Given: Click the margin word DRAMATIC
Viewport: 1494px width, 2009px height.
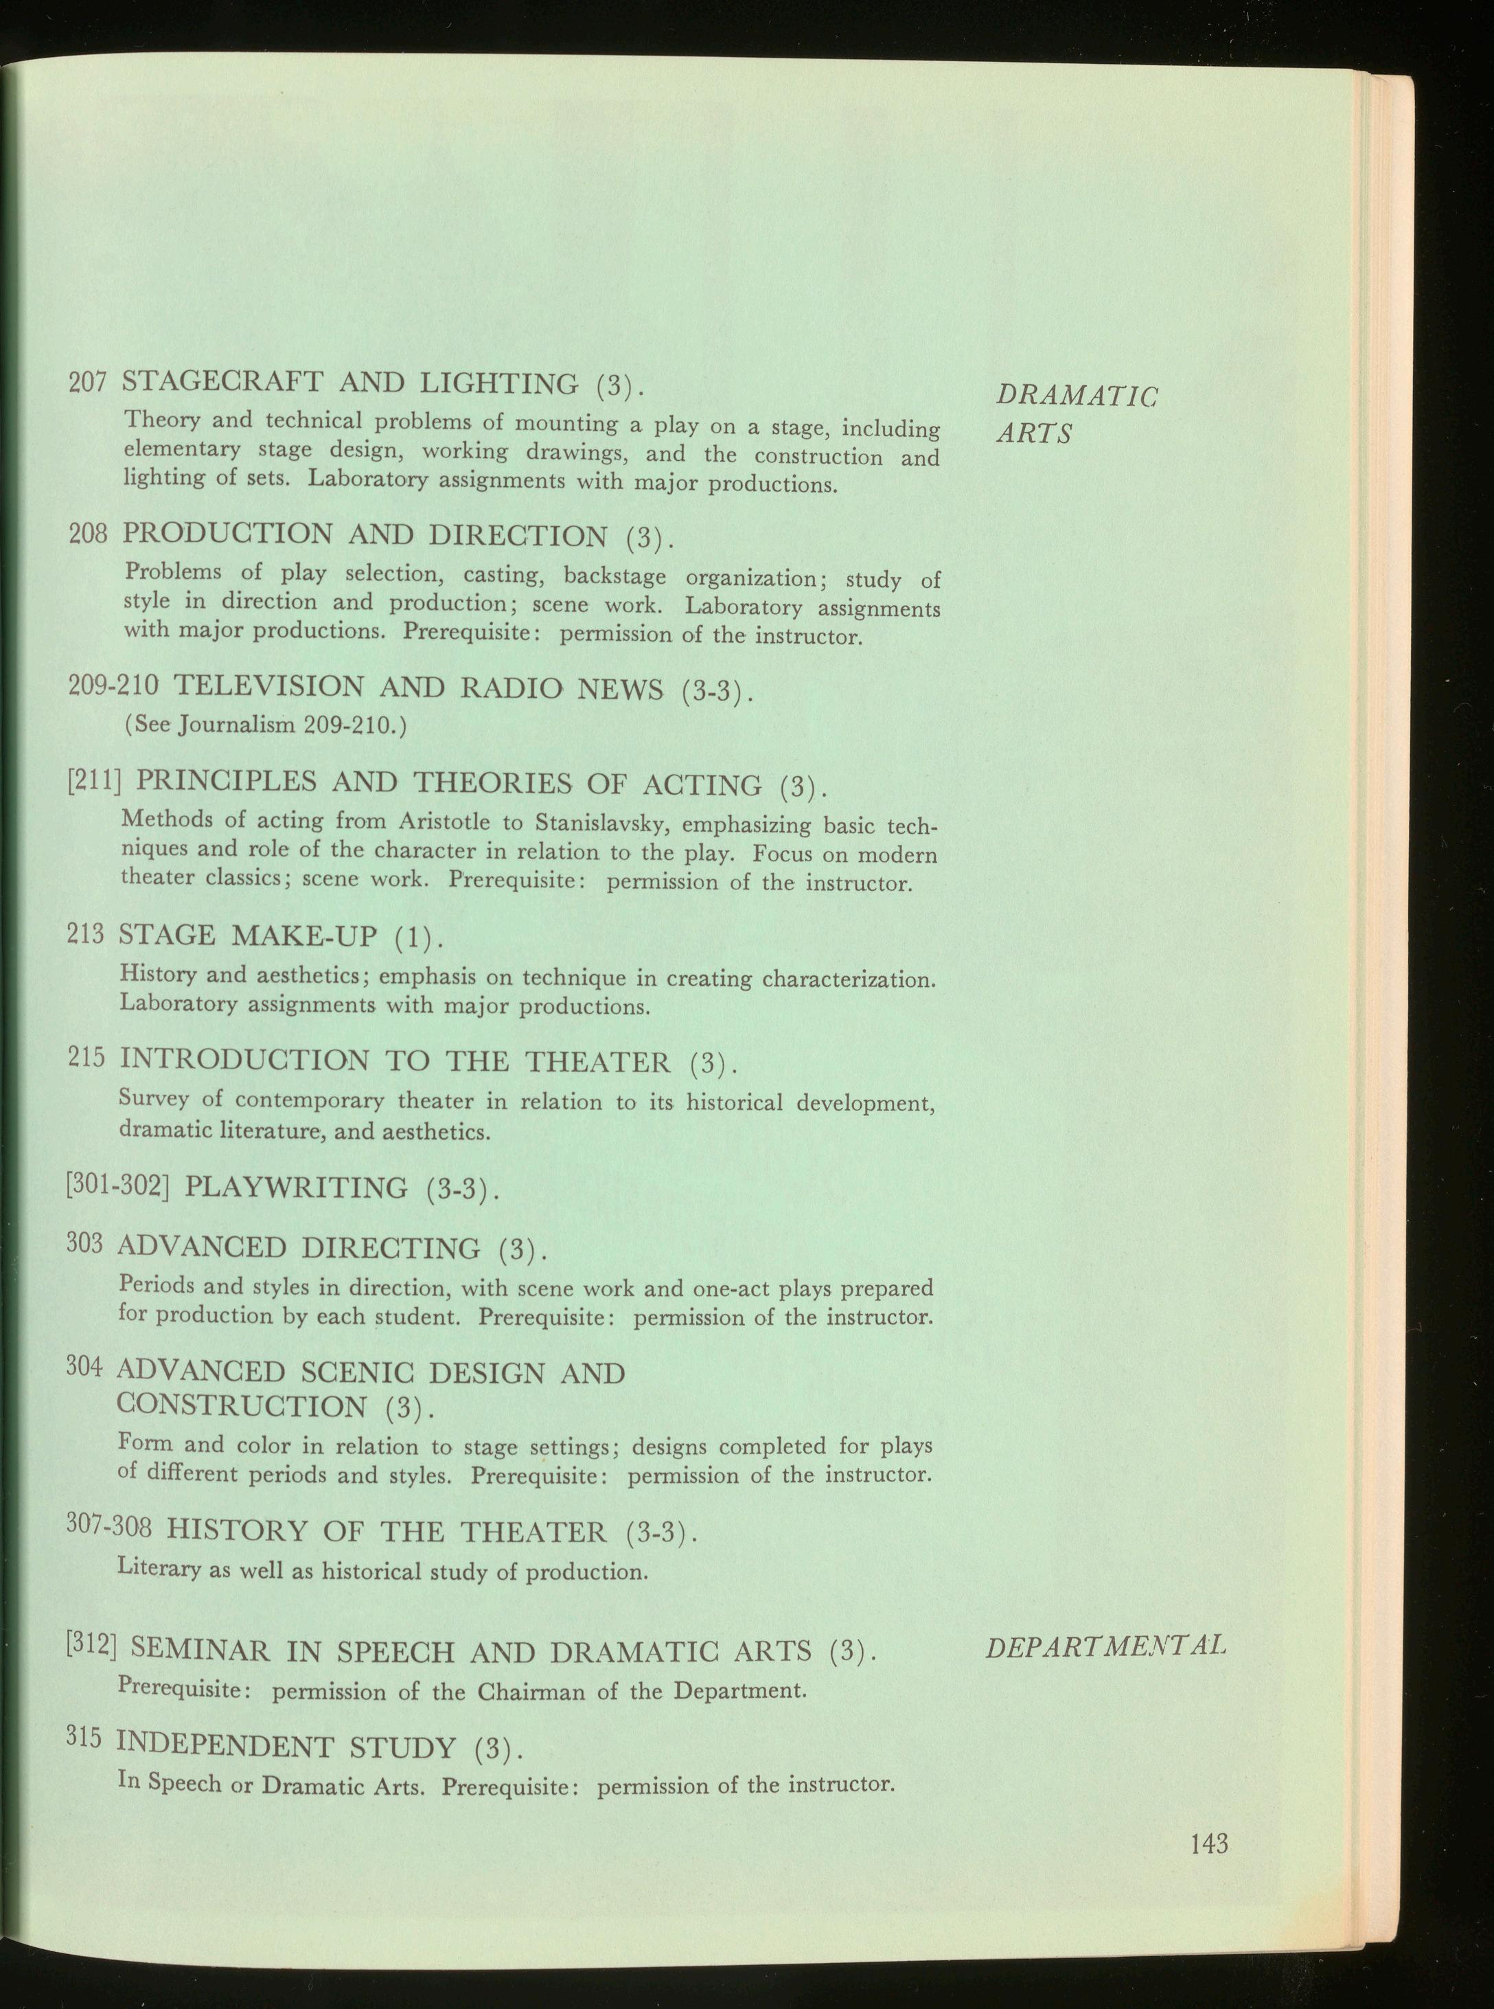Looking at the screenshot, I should (x=1076, y=396).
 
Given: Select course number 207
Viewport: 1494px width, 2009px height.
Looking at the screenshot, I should (x=89, y=382).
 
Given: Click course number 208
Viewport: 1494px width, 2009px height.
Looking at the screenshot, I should (x=89, y=533).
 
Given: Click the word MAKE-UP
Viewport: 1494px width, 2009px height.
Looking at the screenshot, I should (x=304, y=935).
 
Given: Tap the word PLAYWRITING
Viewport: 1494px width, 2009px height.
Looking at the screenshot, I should (x=296, y=1187).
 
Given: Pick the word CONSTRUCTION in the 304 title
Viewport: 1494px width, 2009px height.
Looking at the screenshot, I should (x=242, y=1407).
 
